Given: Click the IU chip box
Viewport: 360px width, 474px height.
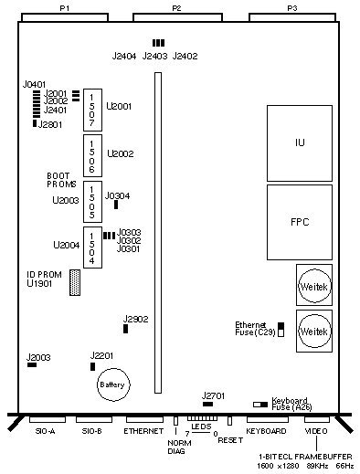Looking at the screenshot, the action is (300, 143).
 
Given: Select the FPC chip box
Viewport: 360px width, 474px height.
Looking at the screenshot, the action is (300, 222).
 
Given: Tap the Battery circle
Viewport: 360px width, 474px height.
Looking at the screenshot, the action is (113, 384).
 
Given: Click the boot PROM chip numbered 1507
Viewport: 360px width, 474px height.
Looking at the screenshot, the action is (92, 110).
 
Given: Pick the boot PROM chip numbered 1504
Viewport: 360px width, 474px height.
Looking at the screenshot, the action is (92, 248).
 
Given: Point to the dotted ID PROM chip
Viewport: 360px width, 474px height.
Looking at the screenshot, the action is (75, 282).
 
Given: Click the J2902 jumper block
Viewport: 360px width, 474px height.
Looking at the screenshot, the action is (125, 329).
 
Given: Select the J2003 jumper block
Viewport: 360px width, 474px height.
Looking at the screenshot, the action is (32, 364).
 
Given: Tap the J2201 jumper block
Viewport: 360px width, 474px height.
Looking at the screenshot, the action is (92, 366).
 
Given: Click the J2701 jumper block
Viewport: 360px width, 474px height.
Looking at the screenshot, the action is (208, 404).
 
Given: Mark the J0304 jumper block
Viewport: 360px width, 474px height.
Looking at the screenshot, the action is (116, 205).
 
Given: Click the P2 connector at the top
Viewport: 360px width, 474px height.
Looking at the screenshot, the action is (177, 17).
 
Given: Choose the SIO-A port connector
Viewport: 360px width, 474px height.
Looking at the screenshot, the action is (48, 419).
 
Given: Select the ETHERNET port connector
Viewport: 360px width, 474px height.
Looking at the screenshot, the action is (144, 419).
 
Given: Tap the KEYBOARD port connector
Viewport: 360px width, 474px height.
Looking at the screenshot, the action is (268, 419).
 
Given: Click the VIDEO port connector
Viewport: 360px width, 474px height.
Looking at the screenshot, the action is (317, 419).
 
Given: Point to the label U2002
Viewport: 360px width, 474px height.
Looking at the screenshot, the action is (121, 153).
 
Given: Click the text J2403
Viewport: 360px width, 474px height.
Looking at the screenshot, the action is (154, 56).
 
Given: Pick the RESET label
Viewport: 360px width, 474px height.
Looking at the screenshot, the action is (230, 440).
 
